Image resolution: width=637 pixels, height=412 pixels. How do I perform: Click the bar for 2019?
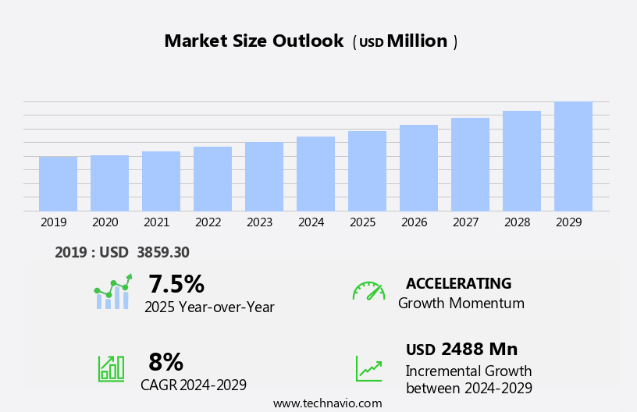(x=58, y=184)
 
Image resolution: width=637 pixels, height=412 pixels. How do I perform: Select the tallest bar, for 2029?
(x=573, y=157)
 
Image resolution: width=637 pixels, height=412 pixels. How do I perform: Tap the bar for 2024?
(x=315, y=174)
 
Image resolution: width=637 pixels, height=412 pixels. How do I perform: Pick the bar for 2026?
(x=418, y=168)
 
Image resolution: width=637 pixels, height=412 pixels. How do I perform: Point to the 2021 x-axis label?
(x=156, y=222)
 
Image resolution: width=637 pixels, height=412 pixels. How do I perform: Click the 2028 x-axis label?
(x=517, y=222)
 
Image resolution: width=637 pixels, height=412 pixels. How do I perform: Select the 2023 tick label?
(x=259, y=222)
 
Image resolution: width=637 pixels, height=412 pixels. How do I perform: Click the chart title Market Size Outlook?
(x=254, y=41)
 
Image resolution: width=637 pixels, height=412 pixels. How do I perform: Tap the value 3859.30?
(x=162, y=253)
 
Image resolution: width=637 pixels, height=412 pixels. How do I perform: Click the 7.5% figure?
(x=176, y=284)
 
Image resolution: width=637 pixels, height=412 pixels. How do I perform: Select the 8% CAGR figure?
(x=165, y=362)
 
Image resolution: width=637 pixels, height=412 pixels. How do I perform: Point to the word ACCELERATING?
(x=458, y=284)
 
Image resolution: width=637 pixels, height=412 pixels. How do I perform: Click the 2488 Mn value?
(x=479, y=350)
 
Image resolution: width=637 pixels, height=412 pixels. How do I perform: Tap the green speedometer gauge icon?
(x=368, y=291)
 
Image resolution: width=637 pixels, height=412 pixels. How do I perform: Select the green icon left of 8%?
(x=111, y=368)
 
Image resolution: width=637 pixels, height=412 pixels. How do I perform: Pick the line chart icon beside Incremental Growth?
(x=368, y=368)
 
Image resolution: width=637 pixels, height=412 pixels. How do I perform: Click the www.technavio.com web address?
(x=327, y=403)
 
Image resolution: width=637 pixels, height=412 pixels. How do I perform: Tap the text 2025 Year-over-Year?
(x=209, y=307)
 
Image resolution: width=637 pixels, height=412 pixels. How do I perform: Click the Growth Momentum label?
(x=461, y=304)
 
